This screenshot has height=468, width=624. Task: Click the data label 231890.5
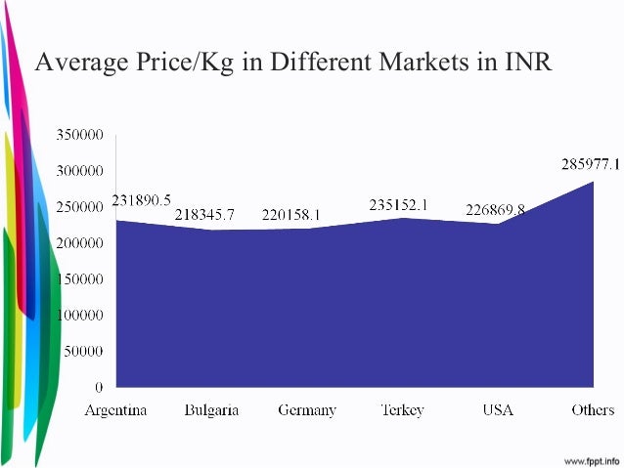142,200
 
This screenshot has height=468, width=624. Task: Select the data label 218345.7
204,213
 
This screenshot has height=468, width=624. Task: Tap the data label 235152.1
402,205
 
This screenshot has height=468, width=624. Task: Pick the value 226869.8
495,209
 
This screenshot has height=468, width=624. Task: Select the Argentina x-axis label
116,410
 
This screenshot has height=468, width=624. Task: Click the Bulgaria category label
211,410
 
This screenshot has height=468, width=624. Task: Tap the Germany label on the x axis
307,410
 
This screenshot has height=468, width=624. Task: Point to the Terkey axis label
401,410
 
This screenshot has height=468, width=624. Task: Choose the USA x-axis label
498,410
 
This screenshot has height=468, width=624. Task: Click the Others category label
593,410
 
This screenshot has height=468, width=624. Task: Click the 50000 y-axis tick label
88,351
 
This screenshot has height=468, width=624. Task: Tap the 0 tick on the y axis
100,387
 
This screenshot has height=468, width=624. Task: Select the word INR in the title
527,64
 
